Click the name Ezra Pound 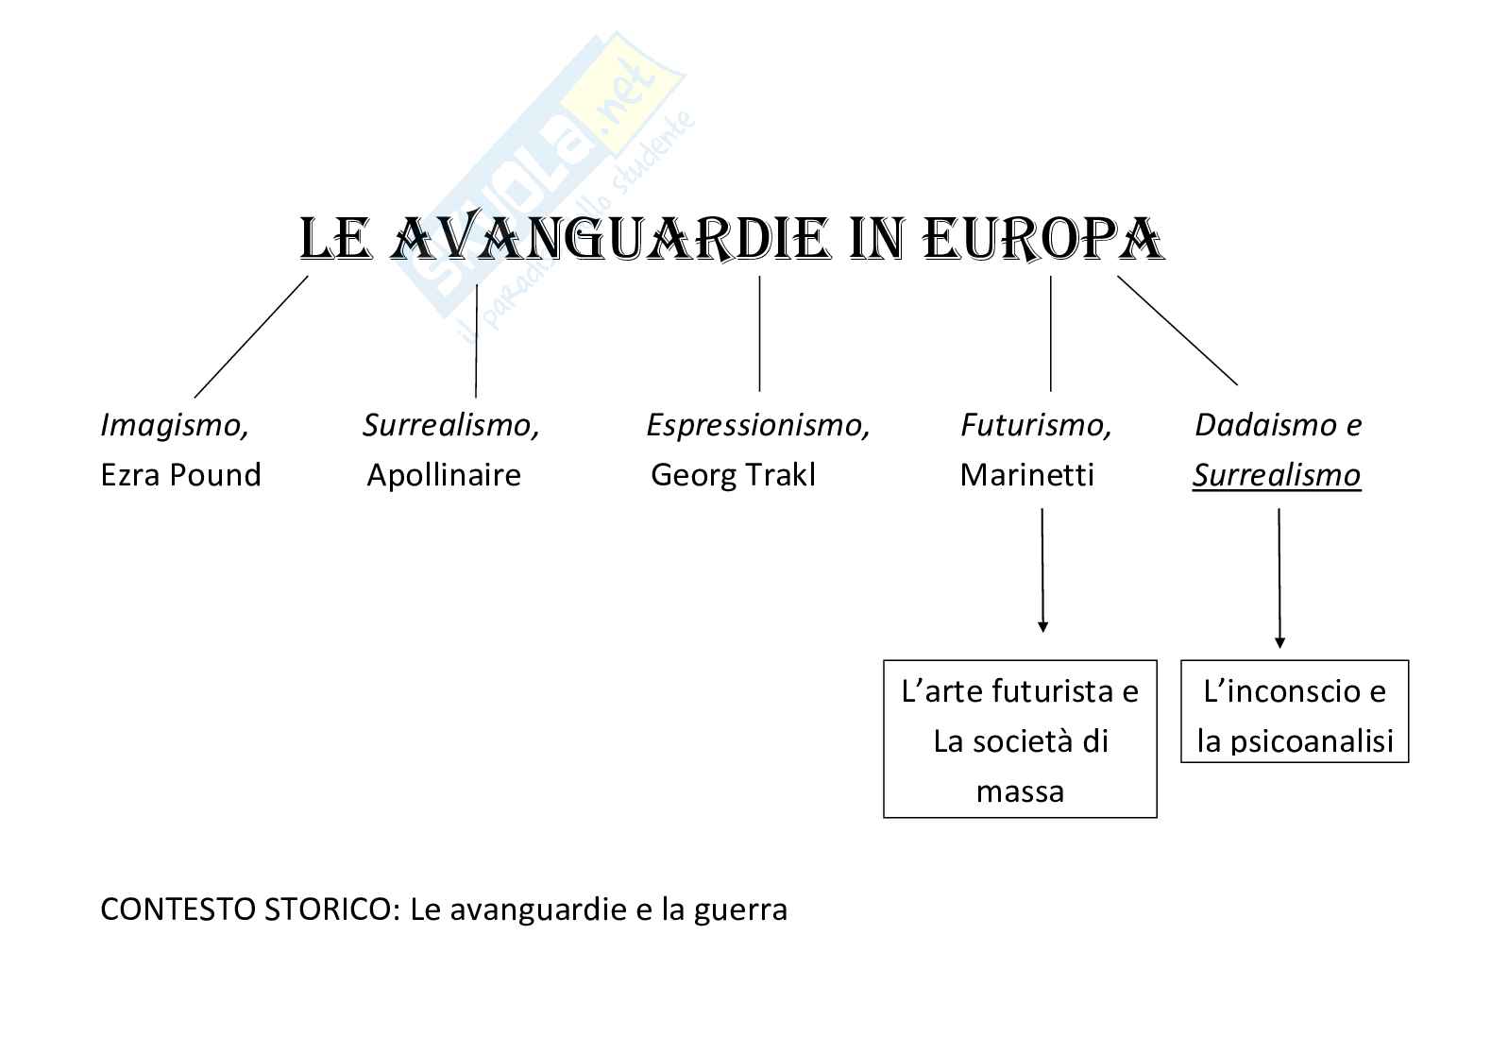point(180,474)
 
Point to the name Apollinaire point(444,474)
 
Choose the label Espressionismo point(757,426)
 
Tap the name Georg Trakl point(733,474)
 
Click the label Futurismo point(1036,426)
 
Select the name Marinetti point(1026,474)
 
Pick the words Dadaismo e point(1278,426)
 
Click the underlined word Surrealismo point(1276,475)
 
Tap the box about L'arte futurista point(1020,739)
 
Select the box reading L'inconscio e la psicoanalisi point(1295,712)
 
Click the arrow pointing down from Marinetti point(1042,570)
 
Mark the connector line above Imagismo point(251,336)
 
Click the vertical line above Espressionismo point(759,332)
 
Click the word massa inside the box point(1020,791)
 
